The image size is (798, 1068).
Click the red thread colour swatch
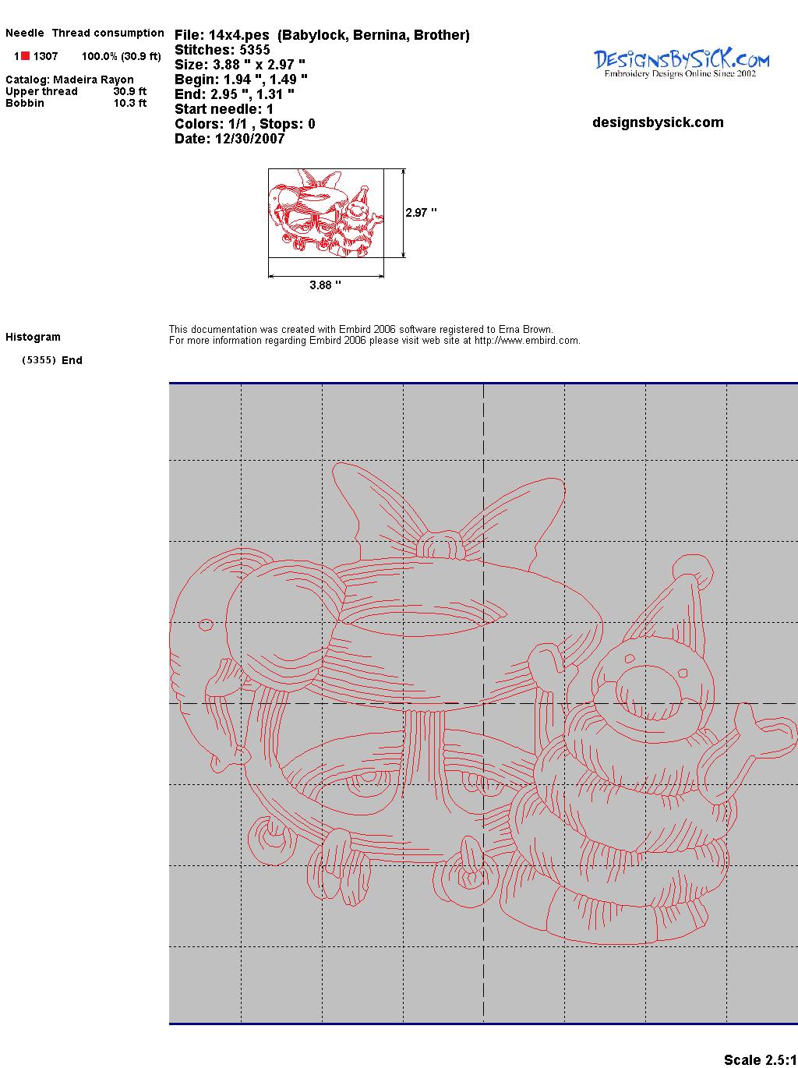(x=25, y=56)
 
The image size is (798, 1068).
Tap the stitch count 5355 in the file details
(x=254, y=50)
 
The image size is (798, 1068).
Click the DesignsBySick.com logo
(x=681, y=63)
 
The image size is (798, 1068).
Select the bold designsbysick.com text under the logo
(x=658, y=122)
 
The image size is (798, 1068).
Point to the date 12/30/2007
(x=249, y=139)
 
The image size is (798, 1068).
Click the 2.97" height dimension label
(x=421, y=213)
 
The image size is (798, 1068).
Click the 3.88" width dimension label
(x=325, y=285)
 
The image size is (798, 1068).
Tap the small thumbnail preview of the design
(x=326, y=213)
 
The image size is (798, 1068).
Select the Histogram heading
(x=33, y=337)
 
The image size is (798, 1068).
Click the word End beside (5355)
(x=72, y=360)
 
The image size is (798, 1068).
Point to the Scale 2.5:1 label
(x=761, y=1059)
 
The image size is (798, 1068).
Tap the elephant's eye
(x=206, y=625)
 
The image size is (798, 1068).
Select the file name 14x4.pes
(x=238, y=35)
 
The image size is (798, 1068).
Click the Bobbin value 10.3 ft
(x=130, y=103)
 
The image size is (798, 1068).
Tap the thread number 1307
(x=46, y=56)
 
